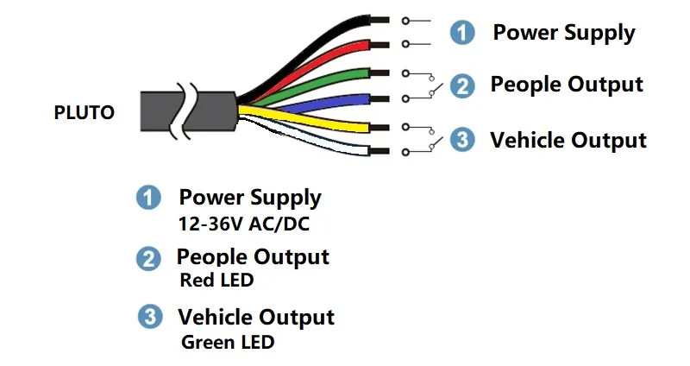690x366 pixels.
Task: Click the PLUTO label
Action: click(x=84, y=112)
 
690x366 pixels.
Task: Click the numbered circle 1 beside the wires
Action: click(x=463, y=34)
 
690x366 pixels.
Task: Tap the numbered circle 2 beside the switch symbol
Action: click(x=463, y=85)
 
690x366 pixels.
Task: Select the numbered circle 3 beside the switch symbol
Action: click(x=463, y=140)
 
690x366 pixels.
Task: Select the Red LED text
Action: click(x=216, y=281)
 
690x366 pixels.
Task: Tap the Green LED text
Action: click(x=228, y=342)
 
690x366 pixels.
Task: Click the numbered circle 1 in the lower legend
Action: click(x=149, y=198)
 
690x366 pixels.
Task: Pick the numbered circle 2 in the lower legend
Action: click(x=149, y=257)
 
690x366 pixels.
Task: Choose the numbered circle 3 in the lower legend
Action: click(x=151, y=317)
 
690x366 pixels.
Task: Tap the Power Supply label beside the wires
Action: click(x=563, y=34)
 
